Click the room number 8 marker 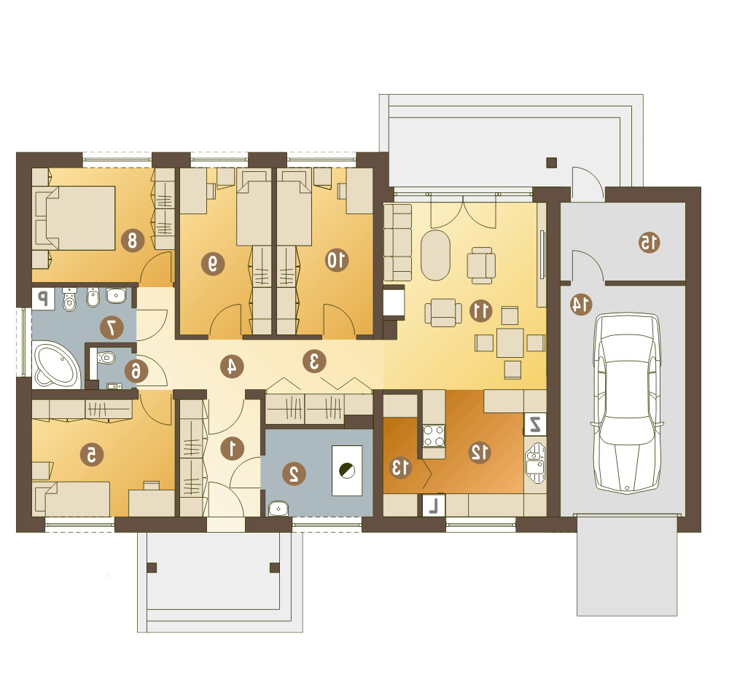coord(133,240)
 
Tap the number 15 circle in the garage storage coord(649,242)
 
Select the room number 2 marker coord(295,474)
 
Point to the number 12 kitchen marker coord(480,452)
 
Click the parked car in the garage coord(627,403)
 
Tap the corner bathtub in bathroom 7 coord(58,365)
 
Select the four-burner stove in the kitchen coord(433,436)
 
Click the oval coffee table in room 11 coord(436,255)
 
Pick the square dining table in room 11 coord(510,343)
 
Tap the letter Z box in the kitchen coord(535,424)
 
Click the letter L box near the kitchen coord(434,505)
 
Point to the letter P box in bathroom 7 coord(43,298)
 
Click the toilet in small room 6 coord(106,357)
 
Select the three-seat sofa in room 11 coord(398,242)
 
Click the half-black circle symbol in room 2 coord(347,471)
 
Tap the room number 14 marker coord(581,305)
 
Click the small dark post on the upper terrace coord(551,163)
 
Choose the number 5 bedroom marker coord(92,455)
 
